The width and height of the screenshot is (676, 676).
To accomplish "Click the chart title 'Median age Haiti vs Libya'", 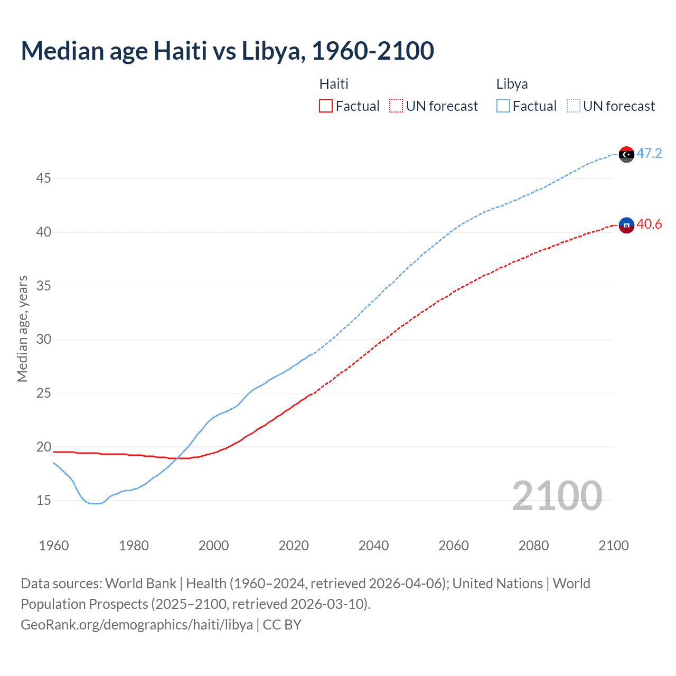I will point(227,51).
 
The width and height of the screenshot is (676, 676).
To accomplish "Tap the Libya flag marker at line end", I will point(626,154).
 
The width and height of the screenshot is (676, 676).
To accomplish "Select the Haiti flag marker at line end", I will point(626,225).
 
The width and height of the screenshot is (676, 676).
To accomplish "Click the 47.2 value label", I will point(649,154).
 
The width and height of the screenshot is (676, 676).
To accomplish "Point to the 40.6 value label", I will point(649,224).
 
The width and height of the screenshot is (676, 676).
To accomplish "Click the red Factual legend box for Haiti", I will point(326,106).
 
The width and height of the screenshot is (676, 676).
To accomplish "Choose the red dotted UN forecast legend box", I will point(396,106).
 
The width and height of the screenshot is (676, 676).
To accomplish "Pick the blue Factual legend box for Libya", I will point(503,106).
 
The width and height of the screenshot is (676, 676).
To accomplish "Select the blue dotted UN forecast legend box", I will point(574,106).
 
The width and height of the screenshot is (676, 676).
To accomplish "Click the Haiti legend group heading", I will point(334,84).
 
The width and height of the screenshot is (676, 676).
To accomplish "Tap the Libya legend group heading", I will point(512,84).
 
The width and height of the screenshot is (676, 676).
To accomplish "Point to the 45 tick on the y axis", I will point(43,179).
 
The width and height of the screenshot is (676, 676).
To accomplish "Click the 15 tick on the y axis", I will point(43,500).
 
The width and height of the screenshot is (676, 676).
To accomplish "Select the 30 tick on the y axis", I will point(43,339).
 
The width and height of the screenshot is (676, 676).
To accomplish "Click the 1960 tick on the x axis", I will point(54,546).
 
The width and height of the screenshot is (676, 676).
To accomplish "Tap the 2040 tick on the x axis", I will point(373,546).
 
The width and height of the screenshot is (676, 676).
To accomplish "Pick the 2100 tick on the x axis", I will point(613,546).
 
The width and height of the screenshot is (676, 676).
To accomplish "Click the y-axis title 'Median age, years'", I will point(22,328).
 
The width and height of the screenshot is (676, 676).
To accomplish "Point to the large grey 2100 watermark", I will point(557,496).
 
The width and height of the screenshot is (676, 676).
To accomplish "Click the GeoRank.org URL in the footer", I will point(137,625).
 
